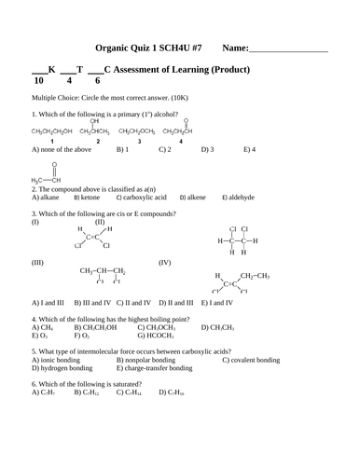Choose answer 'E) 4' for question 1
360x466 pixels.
pyautogui.click(x=249, y=149)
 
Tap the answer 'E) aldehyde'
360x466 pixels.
pyautogui.click(x=242, y=198)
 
